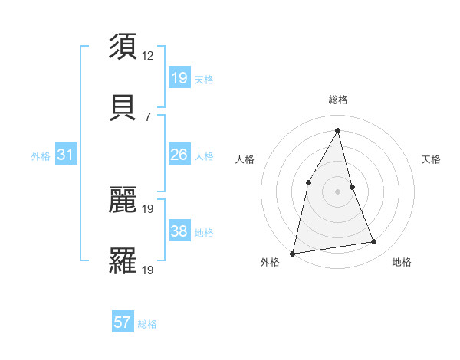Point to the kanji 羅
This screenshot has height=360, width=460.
[123, 260]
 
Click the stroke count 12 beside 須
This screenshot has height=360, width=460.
[148, 56]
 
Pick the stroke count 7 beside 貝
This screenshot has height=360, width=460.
[148, 116]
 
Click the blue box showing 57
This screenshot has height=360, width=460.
[123, 322]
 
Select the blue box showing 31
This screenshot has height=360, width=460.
[66, 155]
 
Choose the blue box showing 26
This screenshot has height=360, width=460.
[179, 155]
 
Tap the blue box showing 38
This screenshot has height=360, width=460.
[179, 231]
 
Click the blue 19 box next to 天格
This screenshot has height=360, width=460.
[179, 78]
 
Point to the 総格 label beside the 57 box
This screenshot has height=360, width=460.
[147, 324]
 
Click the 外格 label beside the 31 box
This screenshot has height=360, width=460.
[41, 156]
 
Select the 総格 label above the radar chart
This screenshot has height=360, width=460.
[337, 100]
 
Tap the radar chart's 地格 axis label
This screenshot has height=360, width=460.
[402, 262]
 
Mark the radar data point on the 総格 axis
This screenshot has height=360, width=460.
[337, 130]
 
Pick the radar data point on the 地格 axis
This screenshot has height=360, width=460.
[374, 242]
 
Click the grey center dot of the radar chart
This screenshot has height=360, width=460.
[337, 191]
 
